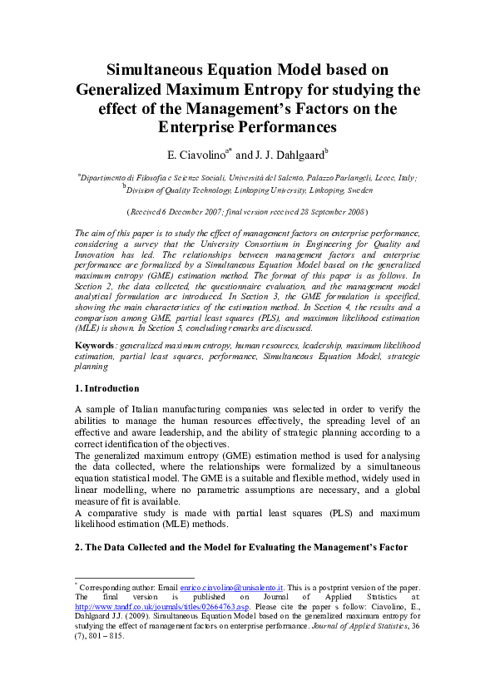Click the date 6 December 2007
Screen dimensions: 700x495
click(x=207, y=212)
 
